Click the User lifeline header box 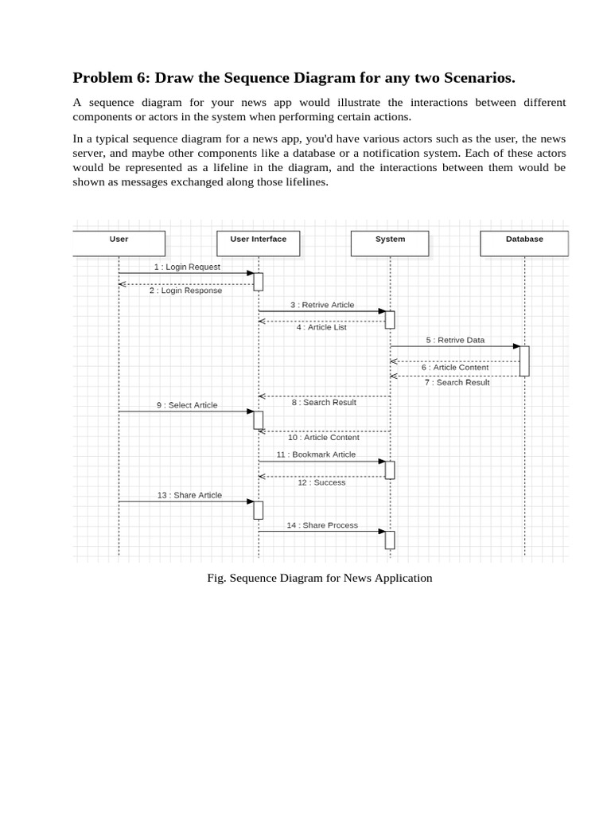pos(119,243)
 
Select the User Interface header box pos(259,243)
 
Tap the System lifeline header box pos(390,243)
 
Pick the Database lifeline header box pos(524,243)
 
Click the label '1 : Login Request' pos(187,267)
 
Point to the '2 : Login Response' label pos(186,291)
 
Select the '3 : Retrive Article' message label pos(322,305)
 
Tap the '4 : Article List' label pos(321,327)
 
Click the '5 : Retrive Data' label pos(455,340)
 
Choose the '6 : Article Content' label pos(455,368)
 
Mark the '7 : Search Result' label pos(457,383)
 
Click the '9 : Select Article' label pos(187,405)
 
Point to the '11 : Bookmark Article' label pos(316,454)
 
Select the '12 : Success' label pos(321,482)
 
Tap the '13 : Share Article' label pos(189,495)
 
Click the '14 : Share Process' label pos(322,525)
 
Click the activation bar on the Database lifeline pos(524,361)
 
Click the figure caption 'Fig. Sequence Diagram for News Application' pos(320,578)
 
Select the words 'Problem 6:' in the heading pos(111,77)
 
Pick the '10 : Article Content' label pos(323,437)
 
